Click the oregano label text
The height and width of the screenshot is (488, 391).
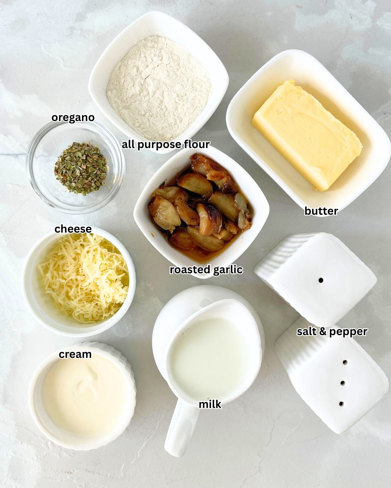[73, 118]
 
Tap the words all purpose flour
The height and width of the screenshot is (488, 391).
[166, 144]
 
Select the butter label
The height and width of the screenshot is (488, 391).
[321, 211]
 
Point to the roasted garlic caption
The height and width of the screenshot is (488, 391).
[206, 270]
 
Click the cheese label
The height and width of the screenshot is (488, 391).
[73, 229]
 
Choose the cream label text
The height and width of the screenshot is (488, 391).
[75, 354]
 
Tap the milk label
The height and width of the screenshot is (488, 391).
[210, 404]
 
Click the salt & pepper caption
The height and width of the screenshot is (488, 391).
[332, 332]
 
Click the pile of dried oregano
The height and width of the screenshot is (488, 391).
[81, 168]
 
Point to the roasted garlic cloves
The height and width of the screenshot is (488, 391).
[200, 208]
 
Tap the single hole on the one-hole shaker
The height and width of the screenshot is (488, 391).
[321, 280]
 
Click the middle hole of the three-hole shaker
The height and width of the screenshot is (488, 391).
[342, 383]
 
